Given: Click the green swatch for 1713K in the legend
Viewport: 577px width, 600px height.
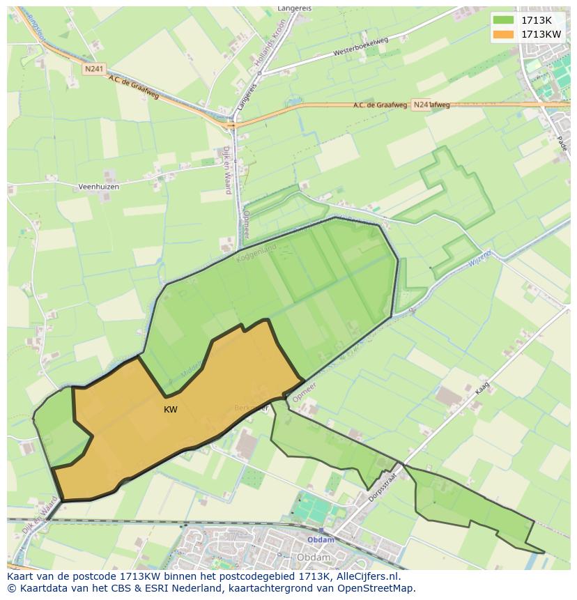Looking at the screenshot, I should (502, 20).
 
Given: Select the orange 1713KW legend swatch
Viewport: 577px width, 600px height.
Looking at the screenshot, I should (502, 34).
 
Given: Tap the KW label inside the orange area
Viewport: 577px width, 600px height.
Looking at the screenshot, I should (171, 410).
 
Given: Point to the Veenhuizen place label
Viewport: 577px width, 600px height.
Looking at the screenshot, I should (98, 187).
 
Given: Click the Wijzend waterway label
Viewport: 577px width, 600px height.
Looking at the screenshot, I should (480, 258).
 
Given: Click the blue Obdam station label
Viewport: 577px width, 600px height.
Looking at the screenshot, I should (321, 540).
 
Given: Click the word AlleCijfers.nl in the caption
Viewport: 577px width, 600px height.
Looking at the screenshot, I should (366, 576).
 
